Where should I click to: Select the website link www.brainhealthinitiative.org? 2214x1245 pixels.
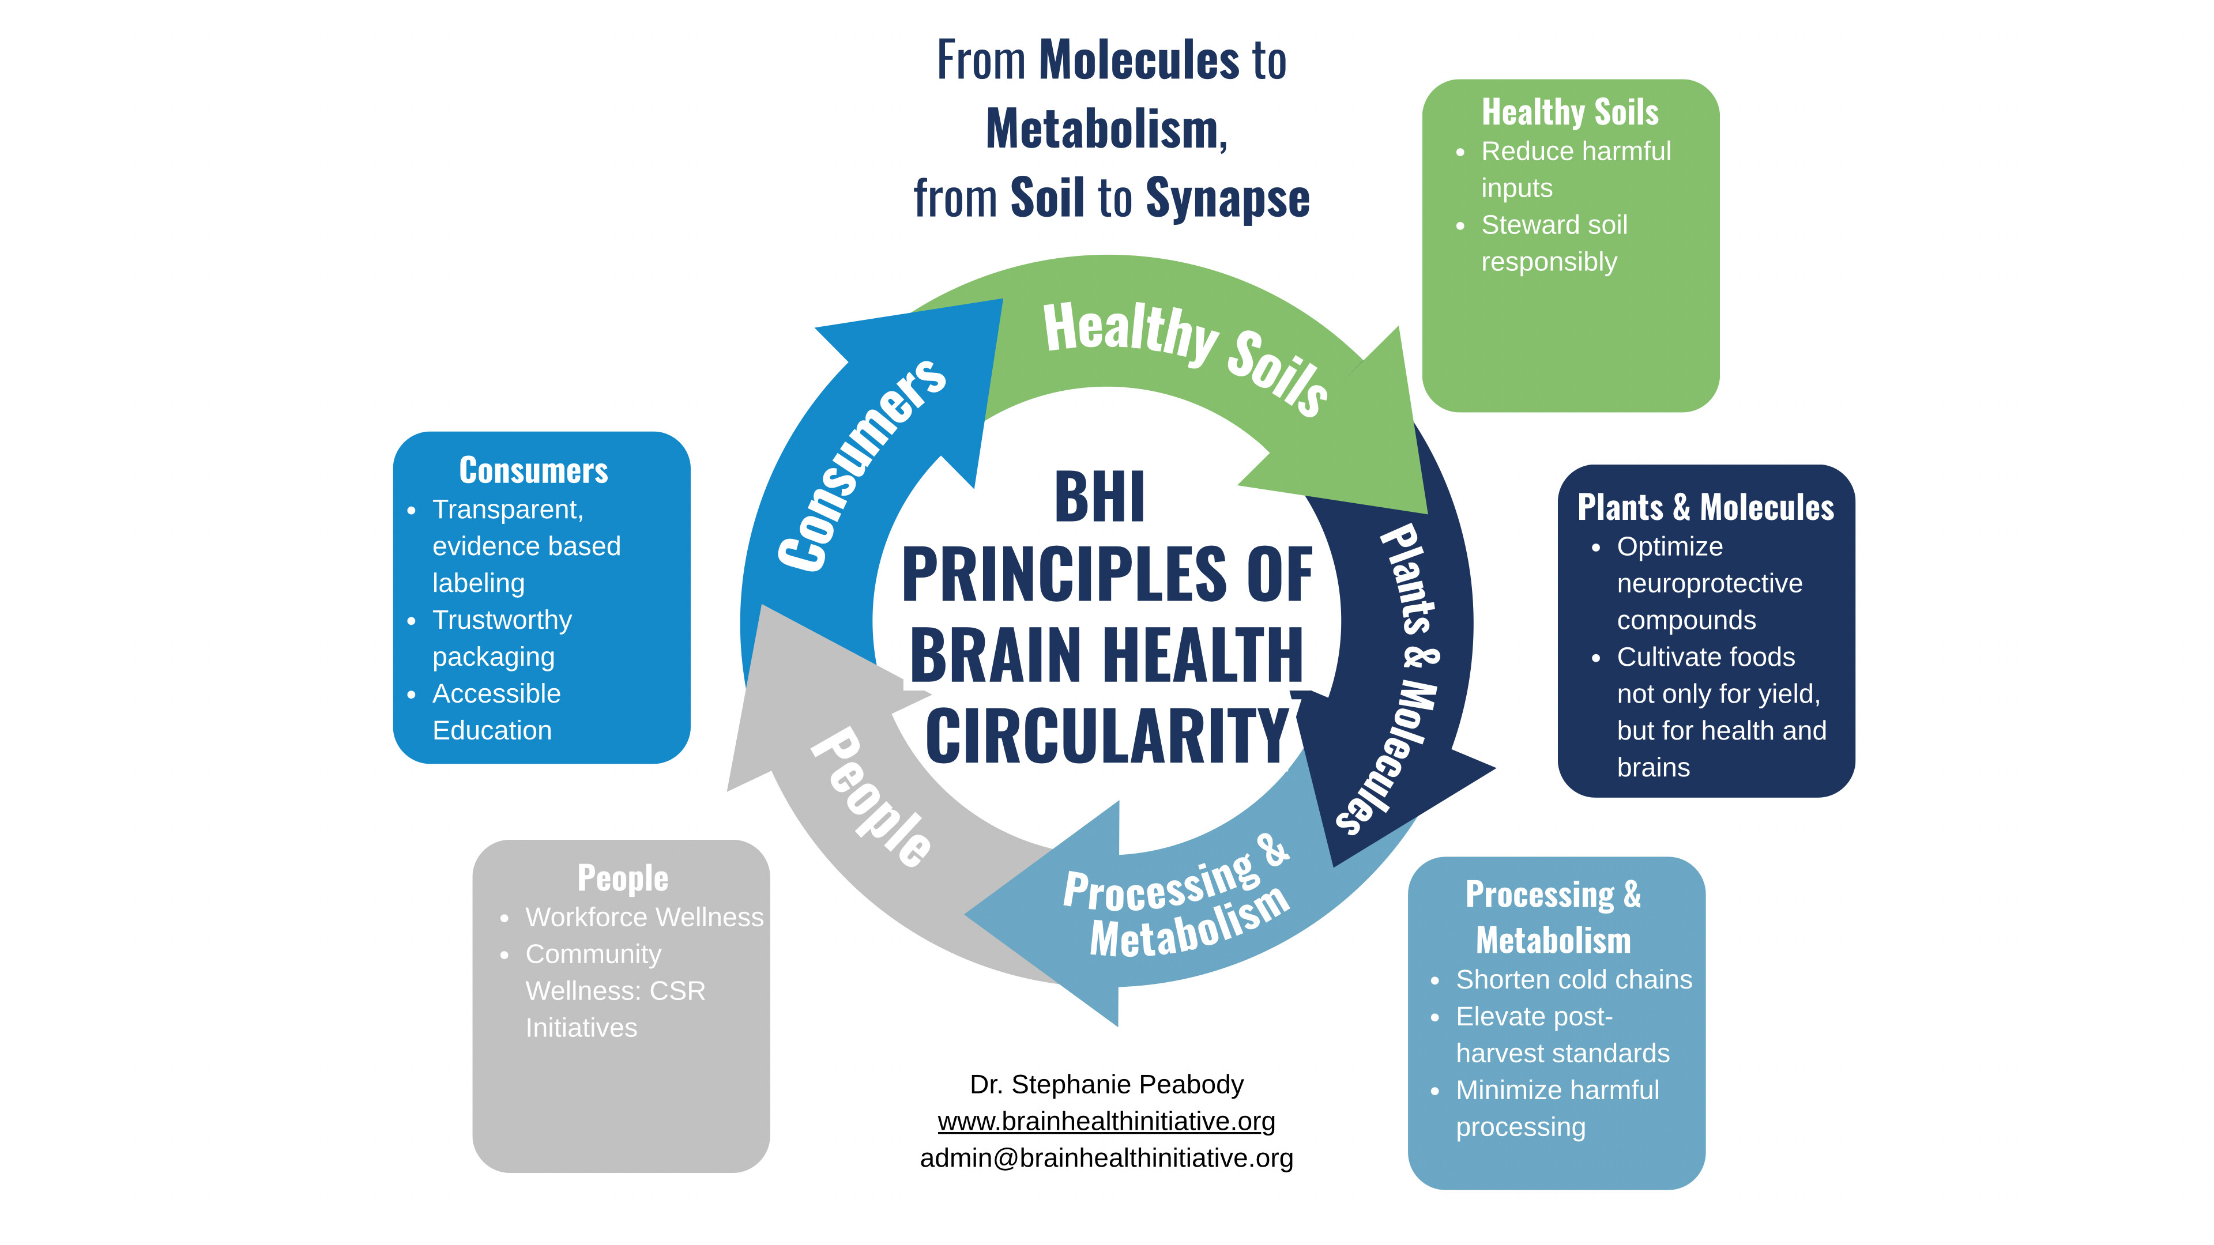tap(1106, 1121)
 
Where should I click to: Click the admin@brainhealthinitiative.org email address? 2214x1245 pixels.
tap(1106, 1158)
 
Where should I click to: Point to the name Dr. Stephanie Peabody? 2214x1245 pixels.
tap(1106, 1084)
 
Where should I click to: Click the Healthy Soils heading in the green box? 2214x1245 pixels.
tap(1569, 112)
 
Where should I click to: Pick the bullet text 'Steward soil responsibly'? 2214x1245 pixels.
tap(1553, 243)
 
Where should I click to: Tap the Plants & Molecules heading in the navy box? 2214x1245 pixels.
tap(1705, 508)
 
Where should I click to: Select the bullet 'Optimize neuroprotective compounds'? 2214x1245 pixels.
tap(1708, 583)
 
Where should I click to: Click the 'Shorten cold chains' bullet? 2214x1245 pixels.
tap(1573, 979)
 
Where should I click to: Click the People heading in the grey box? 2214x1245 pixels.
tap(622, 878)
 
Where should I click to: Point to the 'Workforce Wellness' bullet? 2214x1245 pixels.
tap(644, 918)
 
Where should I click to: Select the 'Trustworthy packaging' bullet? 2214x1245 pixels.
tap(502, 639)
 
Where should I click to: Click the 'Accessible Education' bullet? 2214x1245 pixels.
tap(496, 711)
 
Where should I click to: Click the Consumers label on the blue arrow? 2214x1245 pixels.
tap(860, 464)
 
